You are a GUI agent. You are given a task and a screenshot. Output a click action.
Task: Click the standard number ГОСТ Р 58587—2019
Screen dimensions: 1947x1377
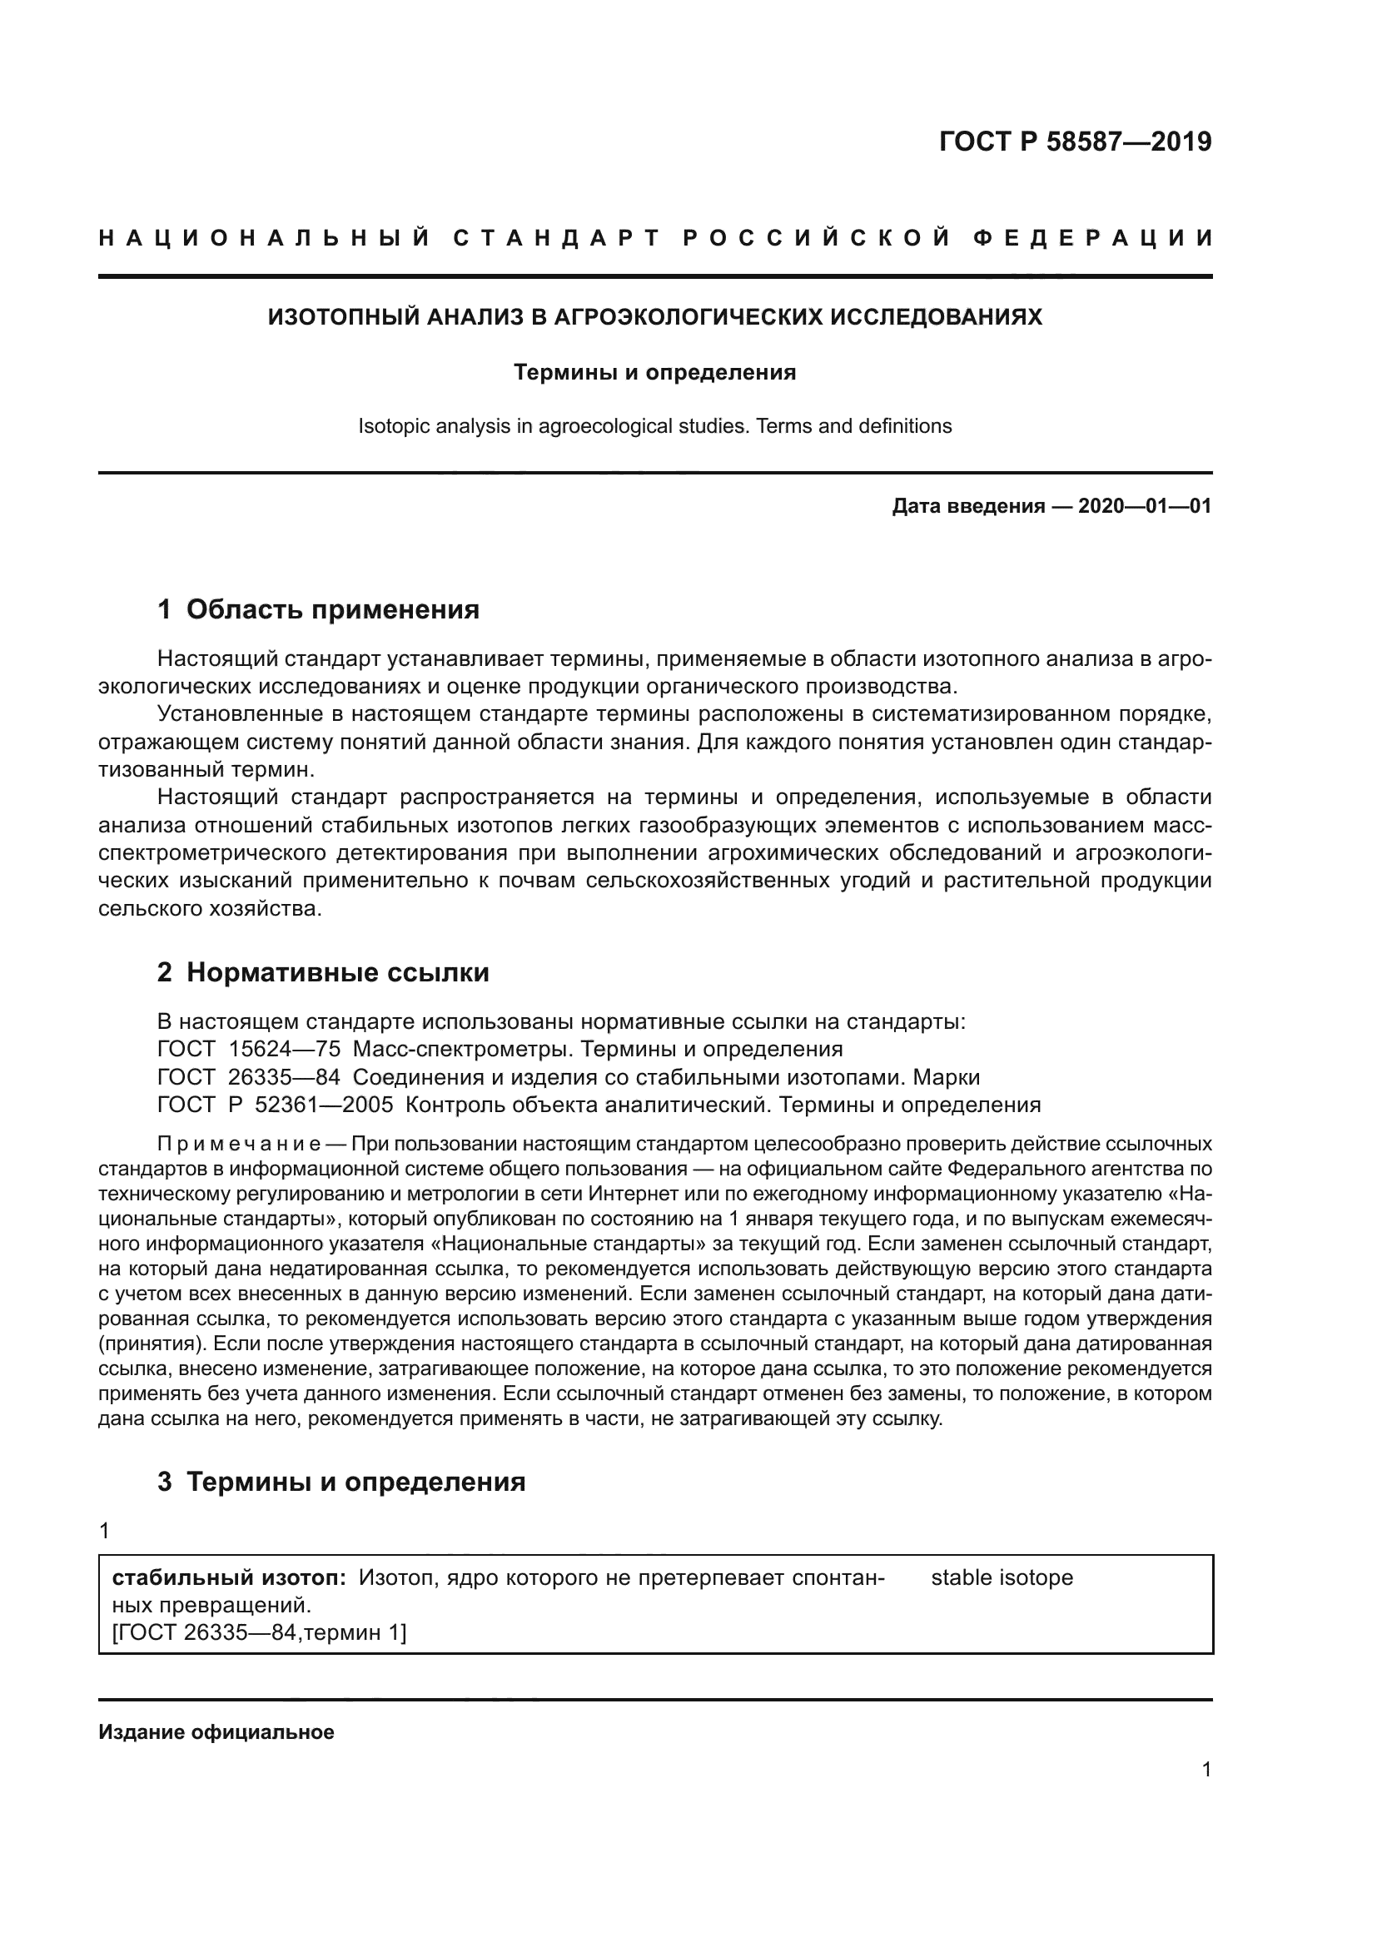(x=1075, y=142)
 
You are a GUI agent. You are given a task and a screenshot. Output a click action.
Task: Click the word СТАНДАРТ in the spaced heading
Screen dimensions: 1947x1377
(x=556, y=238)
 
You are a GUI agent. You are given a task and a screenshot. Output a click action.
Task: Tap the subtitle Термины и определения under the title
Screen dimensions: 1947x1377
(x=654, y=372)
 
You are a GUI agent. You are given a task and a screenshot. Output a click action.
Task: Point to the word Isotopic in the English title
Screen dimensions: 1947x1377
(x=386, y=425)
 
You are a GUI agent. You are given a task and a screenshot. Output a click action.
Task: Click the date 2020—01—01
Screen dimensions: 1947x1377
(x=1144, y=506)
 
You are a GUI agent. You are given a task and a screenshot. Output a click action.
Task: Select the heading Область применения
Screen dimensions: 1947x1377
(x=332, y=608)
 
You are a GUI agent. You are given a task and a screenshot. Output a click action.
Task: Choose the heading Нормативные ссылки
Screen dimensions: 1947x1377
(x=337, y=971)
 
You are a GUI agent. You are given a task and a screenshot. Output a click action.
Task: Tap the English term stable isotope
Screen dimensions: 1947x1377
(x=1002, y=1577)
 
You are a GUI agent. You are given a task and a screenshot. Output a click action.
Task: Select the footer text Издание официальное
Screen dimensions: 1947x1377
(x=216, y=1731)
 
